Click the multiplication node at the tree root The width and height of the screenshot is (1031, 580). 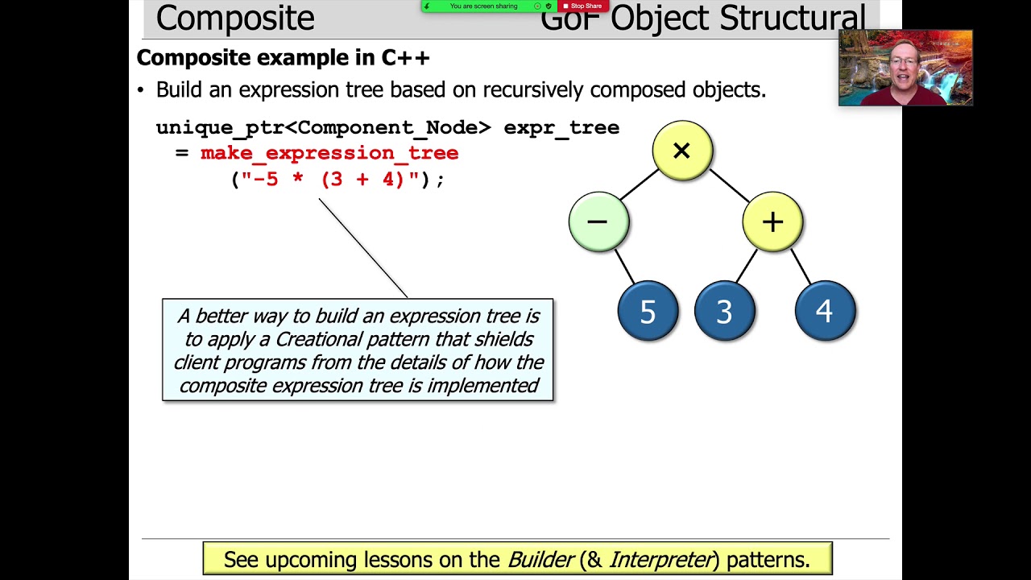pos(681,151)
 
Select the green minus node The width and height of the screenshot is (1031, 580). pos(598,222)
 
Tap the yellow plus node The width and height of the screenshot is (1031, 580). pos(772,222)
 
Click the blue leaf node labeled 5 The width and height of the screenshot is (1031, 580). pos(648,311)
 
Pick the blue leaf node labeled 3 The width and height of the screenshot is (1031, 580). pos(724,311)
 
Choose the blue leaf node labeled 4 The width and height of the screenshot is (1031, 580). pos(824,311)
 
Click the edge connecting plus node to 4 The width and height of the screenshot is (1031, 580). pos(801,264)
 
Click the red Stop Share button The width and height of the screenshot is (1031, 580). pos(583,6)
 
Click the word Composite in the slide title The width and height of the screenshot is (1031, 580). pos(234,19)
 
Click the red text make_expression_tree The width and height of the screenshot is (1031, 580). pos(329,153)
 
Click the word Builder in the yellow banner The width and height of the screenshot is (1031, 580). pos(540,559)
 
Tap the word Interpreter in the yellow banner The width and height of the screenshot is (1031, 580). pos(663,559)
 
